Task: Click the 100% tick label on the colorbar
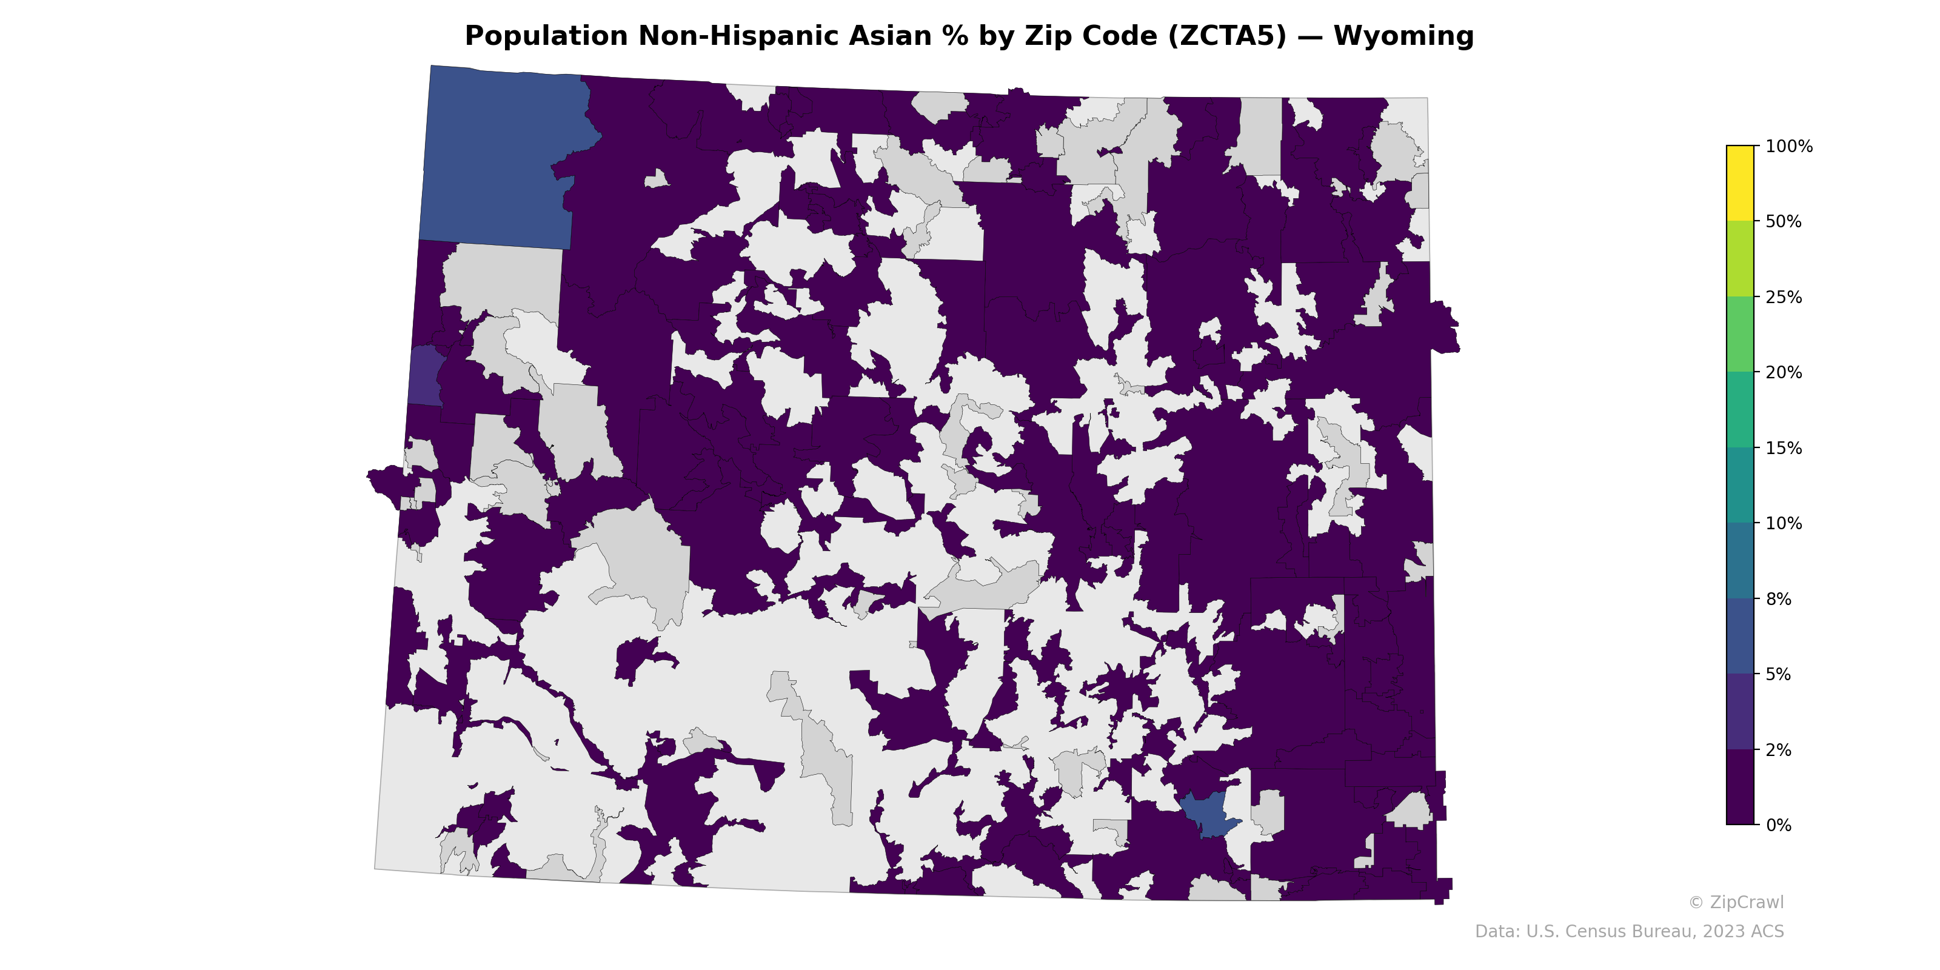click(x=1788, y=146)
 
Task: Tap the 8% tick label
click(x=1778, y=599)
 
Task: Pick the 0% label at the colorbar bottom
click(x=1778, y=824)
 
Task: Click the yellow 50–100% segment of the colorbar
click(x=1740, y=183)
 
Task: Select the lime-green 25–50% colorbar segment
click(x=1740, y=258)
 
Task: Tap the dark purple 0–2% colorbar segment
click(x=1740, y=787)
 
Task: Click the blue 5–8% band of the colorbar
click(x=1740, y=637)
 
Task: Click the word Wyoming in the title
click(x=1403, y=36)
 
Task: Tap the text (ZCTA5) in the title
click(x=1227, y=36)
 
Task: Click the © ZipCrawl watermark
click(x=1736, y=902)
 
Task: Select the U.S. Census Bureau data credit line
click(x=1629, y=932)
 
